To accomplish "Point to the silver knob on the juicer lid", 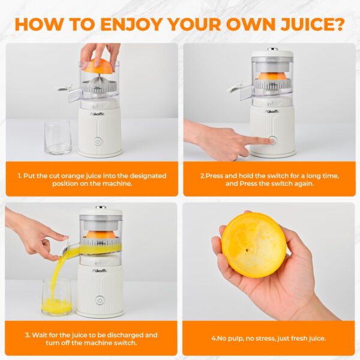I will [x=272, y=49].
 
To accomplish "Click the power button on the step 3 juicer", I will [x=100, y=299].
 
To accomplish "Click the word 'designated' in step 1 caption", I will [x=139, y=176].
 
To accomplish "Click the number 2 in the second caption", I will [x=202, y=176].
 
